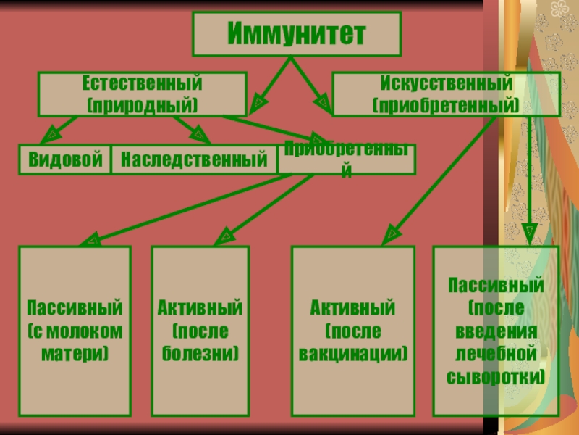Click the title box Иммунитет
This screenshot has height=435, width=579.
point(297,35)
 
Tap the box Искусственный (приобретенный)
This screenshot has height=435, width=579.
point(446,93)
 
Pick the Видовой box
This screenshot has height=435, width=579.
point(65,159)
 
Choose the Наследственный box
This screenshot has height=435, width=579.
point(194,159)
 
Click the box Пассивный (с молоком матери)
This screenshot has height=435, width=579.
point(75,331)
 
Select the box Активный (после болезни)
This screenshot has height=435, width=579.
point(200,331)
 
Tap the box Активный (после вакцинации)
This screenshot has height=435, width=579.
point(352,331)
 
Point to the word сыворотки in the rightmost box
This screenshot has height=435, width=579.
point(496,378)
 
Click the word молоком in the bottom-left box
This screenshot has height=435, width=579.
point(75,331)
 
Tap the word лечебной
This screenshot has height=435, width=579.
point(496,354)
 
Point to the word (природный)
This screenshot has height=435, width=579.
point(142,105)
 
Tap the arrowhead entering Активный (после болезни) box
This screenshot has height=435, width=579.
point(227,236)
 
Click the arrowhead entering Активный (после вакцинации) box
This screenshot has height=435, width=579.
point(391,233)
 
